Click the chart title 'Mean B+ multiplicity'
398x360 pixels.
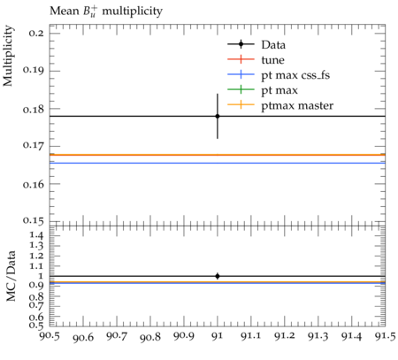106,11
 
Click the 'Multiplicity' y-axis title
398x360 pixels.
8,56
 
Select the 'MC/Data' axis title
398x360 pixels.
11,276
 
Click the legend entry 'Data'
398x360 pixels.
273,45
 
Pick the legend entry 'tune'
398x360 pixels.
272,60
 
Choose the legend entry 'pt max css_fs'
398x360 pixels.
295,75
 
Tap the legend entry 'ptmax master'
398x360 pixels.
297,105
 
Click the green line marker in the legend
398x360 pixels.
241,89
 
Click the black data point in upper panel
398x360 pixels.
218,116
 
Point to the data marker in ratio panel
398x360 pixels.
218,276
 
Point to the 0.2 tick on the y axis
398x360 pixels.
36,33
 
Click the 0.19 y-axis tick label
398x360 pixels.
34,70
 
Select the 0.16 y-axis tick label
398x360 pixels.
34,184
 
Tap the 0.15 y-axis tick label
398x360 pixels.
34,221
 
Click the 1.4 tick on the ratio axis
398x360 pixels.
36,235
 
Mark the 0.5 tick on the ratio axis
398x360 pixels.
36,325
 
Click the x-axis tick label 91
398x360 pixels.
218,336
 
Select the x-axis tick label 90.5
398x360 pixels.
50,336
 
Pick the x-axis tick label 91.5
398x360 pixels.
385,336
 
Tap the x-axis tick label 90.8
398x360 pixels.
150,336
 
